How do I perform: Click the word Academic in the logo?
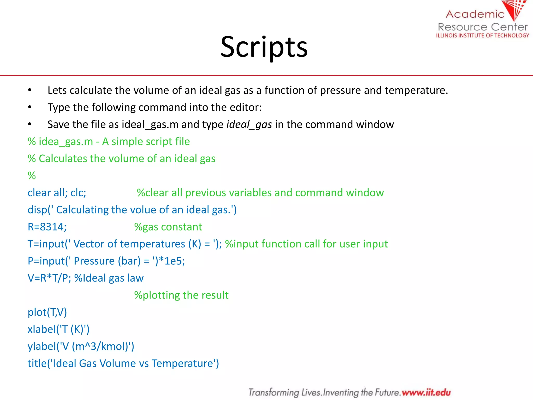[x=475, y=14]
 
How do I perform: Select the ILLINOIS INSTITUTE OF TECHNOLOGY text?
[x=483, y=36]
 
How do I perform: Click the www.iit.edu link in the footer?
[x=426, y=392]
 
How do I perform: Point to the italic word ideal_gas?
[x=249, y=124]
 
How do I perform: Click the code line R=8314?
[x=47, y=227]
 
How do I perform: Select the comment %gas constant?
[x=168, y=227]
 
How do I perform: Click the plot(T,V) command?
[x=47, y=312]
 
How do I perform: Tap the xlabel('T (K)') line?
[x=59, y=329]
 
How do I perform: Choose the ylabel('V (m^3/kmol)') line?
[x=81, y=346]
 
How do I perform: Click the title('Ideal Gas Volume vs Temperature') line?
[x=123, y=363]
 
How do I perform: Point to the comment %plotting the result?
[x=181, y=295]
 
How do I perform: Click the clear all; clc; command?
[x=57, y=193]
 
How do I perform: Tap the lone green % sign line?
[x=32, y=176]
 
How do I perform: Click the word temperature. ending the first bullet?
[x=416, y=90]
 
